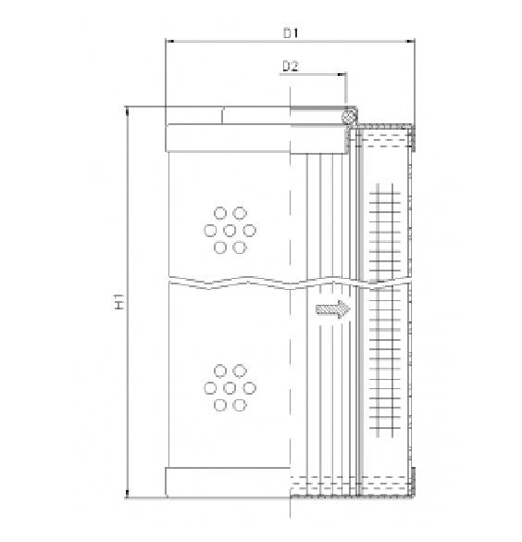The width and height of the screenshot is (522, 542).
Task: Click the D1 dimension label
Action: click(x=290, y=33)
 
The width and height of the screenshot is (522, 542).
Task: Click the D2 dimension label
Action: click(x=290, y=66)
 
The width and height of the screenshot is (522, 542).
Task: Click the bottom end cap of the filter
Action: click(x=227, y=482)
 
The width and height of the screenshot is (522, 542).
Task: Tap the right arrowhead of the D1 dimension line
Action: click(x=412, y=41)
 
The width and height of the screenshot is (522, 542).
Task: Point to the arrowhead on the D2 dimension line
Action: click(x=342, y=74)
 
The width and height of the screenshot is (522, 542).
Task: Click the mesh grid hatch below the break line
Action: click(x=387, y=361)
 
